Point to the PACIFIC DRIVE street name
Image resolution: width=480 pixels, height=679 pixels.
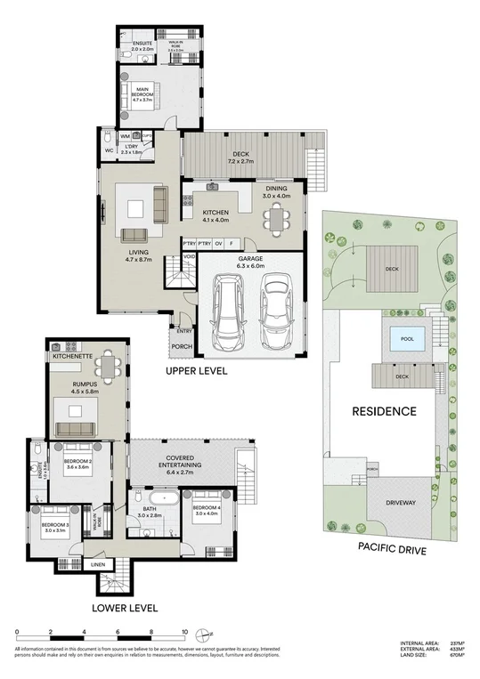[391, 551]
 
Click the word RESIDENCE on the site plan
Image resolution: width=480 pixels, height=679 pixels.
[385, 412]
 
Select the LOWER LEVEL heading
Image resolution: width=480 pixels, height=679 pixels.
[125, 609]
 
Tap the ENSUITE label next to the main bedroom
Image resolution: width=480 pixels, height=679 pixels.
[142, 43]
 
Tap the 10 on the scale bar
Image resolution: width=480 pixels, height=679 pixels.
[183, 633]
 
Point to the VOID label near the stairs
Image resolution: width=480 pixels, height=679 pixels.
[189, 256]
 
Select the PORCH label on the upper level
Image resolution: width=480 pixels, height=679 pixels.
[182, 347]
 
